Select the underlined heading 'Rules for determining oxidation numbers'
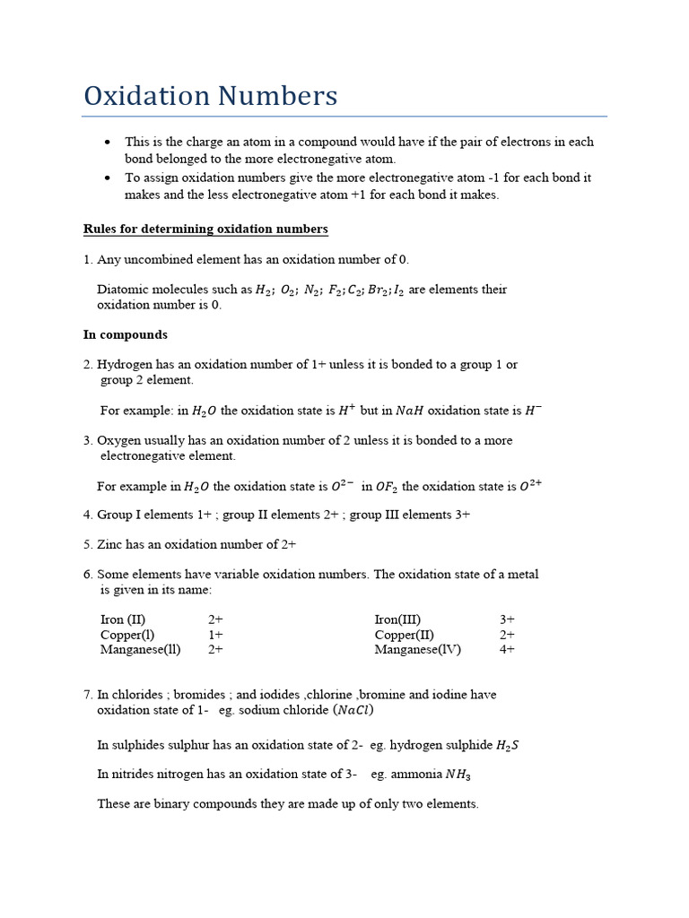tap(205, 229)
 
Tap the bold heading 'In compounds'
tap(125, 334)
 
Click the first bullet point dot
tap(108, 143)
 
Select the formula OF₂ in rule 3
tap(387, 487)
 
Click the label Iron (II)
tap(123, 619)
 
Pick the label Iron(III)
tap(397, 619)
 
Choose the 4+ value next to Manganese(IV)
tap(507, 650)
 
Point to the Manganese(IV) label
tap(417, 650)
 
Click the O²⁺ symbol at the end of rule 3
tap(530, 486)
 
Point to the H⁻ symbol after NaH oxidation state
tap(533, 411)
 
